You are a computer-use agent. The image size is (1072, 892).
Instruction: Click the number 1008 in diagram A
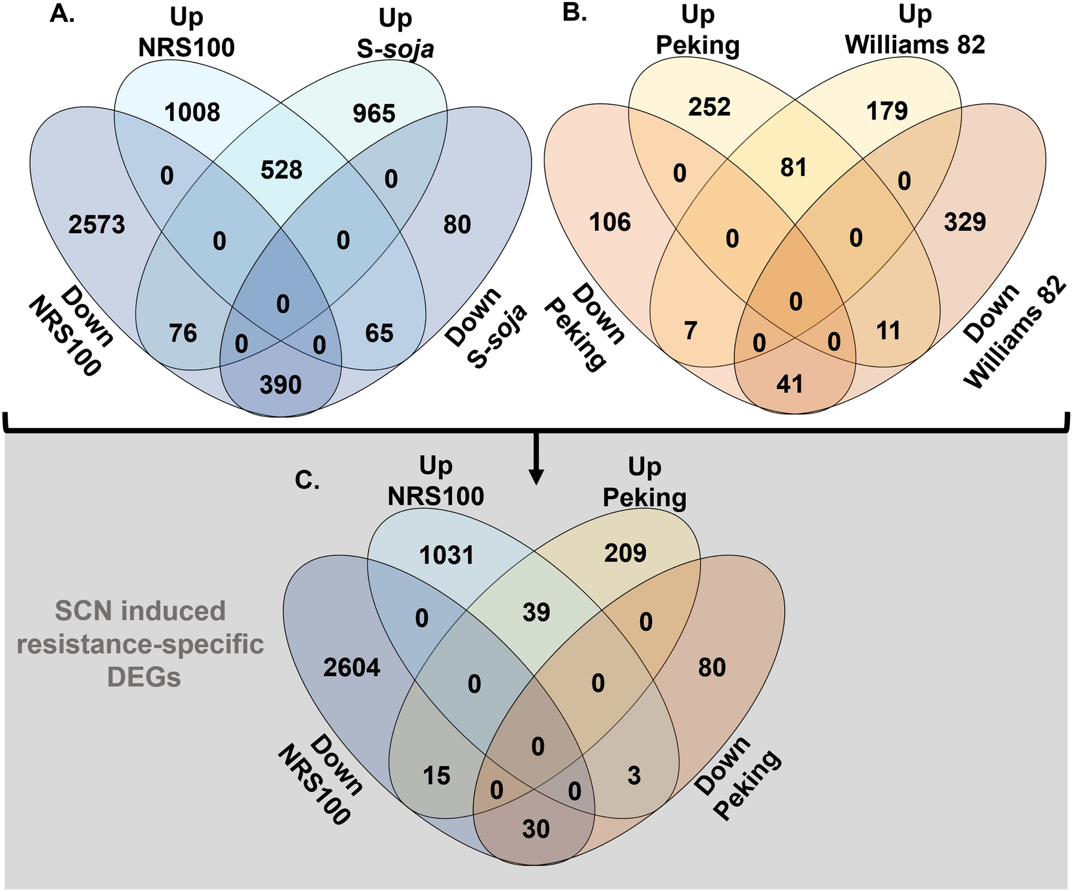tap(191, 113)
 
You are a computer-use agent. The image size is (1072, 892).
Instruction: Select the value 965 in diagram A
tap(374, 113)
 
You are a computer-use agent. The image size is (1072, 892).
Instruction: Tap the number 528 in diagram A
tap(281, 170)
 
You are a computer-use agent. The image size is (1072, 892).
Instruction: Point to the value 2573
tap(96, 225)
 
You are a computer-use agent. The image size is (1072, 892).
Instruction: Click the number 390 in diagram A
tap(281, 385)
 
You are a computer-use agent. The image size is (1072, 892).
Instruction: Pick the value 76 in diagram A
tap(182, 333)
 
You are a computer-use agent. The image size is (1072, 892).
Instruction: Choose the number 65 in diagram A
tap(379, 333)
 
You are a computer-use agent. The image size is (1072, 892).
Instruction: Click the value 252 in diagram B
tap(709, 107)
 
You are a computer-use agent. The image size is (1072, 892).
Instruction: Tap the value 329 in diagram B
tap(965, 222)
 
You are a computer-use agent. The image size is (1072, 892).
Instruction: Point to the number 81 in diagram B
tap(793, 167)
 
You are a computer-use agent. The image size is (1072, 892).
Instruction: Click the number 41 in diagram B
tap(789, 384)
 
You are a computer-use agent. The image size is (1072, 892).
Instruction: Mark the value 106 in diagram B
tap(610, 222)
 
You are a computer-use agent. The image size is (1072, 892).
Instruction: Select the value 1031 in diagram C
tap(447, 555)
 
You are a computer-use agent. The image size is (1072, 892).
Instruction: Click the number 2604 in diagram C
tap(352, 668)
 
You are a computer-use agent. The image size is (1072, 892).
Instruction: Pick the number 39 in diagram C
tap(537, 612)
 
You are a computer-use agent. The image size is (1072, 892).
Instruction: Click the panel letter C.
tap(307, 479)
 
